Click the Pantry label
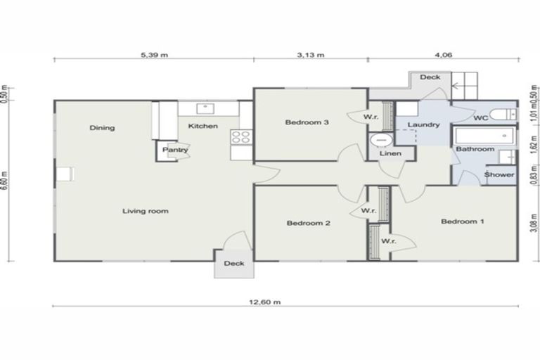175,150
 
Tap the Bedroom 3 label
307,122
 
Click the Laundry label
423,124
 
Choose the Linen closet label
390,153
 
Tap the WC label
481,117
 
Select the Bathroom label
475,149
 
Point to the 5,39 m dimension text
153,53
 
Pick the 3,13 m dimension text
309,53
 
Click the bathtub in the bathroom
484,136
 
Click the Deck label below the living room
233,264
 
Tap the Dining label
102,128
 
